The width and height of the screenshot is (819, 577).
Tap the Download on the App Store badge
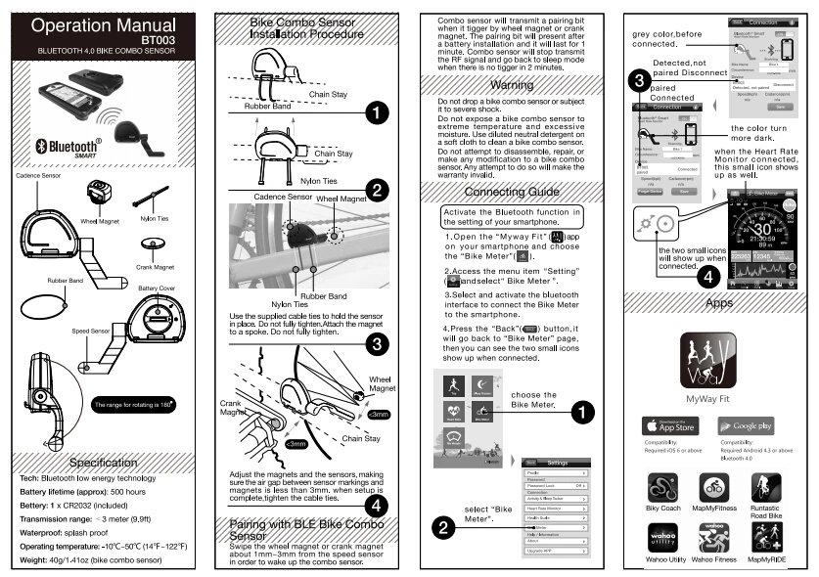(669, 425)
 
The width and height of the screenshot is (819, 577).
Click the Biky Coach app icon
(664, 490)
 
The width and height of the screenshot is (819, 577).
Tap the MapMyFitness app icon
(711, 490)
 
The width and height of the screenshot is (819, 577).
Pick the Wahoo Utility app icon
(664, 539)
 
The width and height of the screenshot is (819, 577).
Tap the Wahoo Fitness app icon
(713, 539)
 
